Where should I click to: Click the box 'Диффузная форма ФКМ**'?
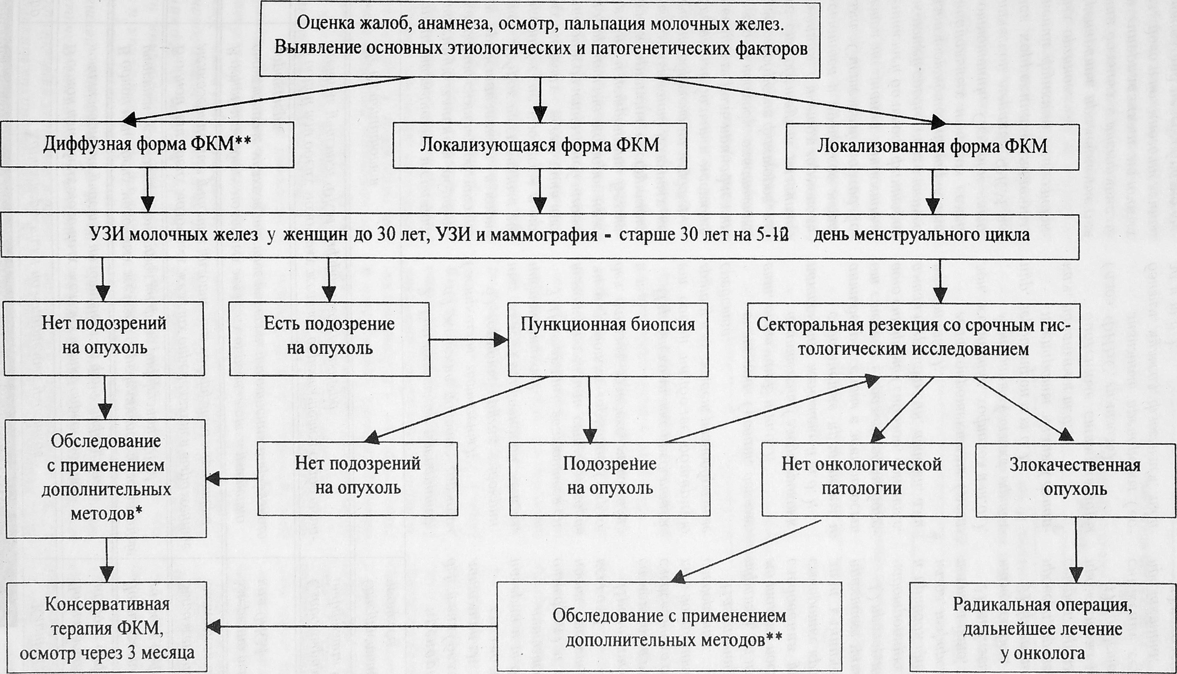coord(147,145)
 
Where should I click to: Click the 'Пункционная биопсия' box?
coord(608,339)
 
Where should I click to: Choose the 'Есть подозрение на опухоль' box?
coord(329,339)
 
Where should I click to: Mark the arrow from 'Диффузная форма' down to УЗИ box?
coord(147,190)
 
